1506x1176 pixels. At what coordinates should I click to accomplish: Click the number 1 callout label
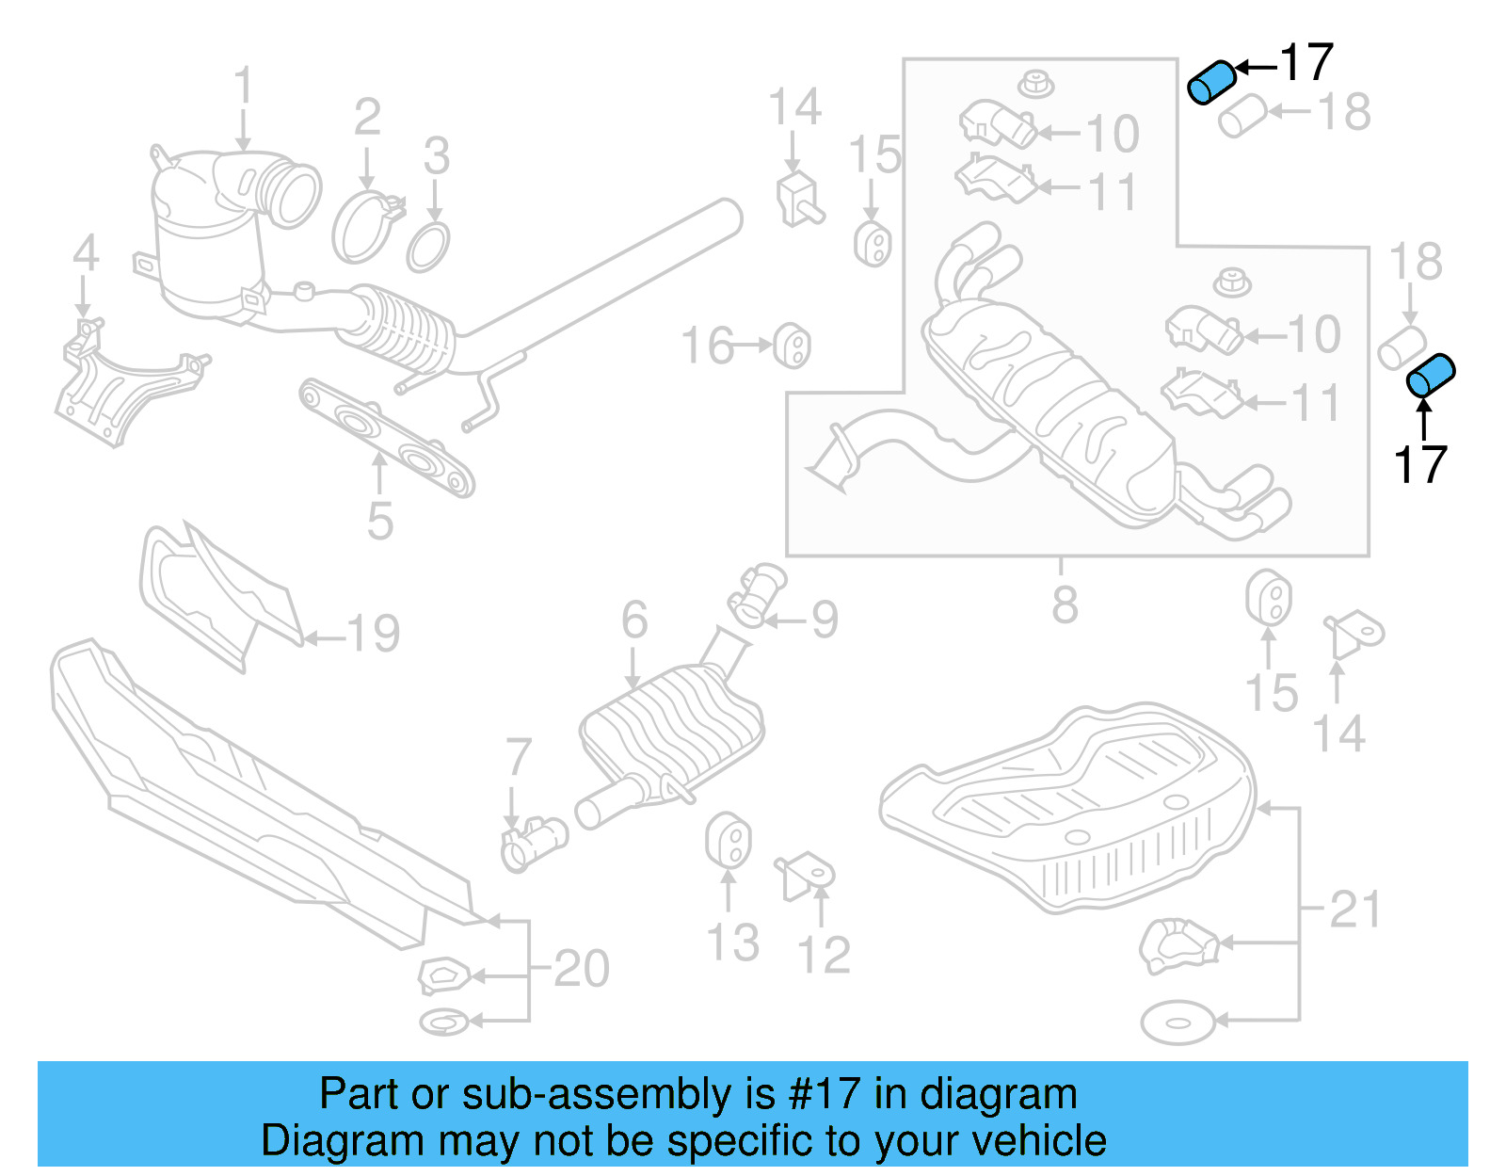click(244, 86)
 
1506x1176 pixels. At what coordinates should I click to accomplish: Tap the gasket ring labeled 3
click(428, 248)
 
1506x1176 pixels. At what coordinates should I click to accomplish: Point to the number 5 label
click(379, 522)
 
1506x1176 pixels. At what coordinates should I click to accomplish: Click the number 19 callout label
click(374, 634)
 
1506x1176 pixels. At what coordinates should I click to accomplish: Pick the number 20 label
click(581, 969)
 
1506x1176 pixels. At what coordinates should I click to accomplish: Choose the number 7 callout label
click(519, 757)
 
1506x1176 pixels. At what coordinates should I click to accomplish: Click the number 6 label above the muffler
click(634, 620)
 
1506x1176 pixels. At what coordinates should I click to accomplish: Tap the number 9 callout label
click(825, 620)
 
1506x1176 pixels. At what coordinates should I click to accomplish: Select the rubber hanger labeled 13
click(728, 840)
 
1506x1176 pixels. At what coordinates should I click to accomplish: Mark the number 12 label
click(824, 956)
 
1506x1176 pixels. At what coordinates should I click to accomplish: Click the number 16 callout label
click(708, 346)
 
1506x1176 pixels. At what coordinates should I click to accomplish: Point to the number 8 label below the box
click(1065, 604)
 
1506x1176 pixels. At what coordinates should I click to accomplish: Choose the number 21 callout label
click(1354, 910)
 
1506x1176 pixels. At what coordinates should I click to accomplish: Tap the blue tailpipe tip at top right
click(1211, 82)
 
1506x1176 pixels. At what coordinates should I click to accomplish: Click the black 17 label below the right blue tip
click(1420, 465)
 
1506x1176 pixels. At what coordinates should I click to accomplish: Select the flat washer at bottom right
click(1177, 1022)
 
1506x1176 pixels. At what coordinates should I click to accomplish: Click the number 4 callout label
click(86, 254)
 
